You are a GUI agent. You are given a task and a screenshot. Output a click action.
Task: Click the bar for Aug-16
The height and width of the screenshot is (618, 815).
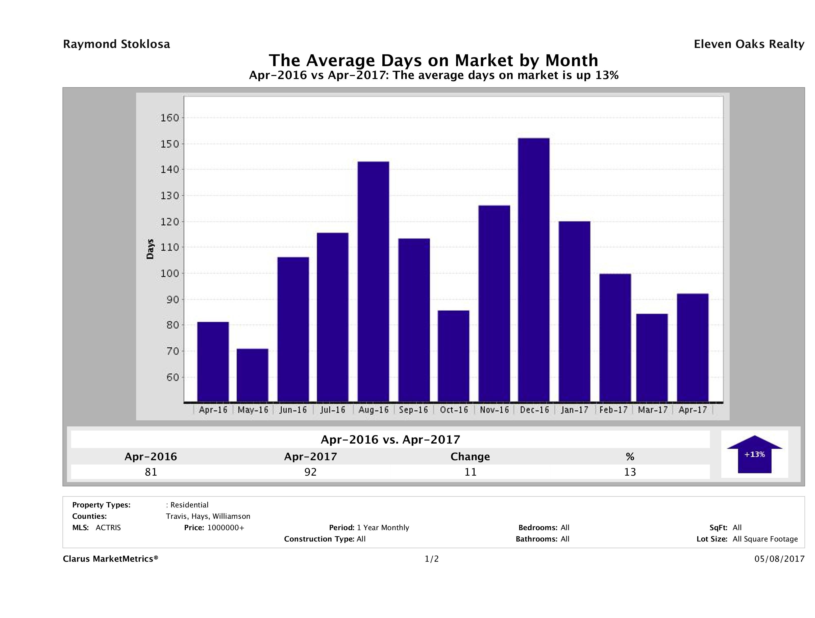pyautogui.click(x=373, y=281)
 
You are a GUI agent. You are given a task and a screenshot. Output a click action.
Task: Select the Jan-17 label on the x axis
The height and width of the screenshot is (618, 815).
pyautogui.click(x=574, y=410)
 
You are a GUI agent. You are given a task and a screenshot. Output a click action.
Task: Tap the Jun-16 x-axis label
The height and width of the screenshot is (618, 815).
pyautogui.click(x=293, y=410)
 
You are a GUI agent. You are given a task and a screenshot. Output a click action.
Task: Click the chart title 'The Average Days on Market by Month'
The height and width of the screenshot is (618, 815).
pyautogui.click(x=433, y=60)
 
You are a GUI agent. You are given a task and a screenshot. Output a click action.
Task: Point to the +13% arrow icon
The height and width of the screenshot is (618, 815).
pyautogui.click(x=754, y=454)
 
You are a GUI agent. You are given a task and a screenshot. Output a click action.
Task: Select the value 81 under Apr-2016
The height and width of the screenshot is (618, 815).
pyautogui.click(x=151, y=472)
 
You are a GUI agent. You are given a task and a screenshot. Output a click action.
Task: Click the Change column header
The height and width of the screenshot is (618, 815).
pyautogui.click(x=470, y=457)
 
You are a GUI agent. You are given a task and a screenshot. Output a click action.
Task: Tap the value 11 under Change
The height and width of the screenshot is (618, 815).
pyautogui.click(x=470, y=472)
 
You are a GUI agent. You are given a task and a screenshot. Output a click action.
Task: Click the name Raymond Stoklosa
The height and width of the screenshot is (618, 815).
pyautogui.click(x=116, y=44)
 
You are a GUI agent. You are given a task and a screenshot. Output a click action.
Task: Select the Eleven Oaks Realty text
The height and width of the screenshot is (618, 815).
pyautogui.click(x=749, y=44)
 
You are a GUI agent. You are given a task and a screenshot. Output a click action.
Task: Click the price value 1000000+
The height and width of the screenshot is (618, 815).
pyautogui.click(x=226, y=528)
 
